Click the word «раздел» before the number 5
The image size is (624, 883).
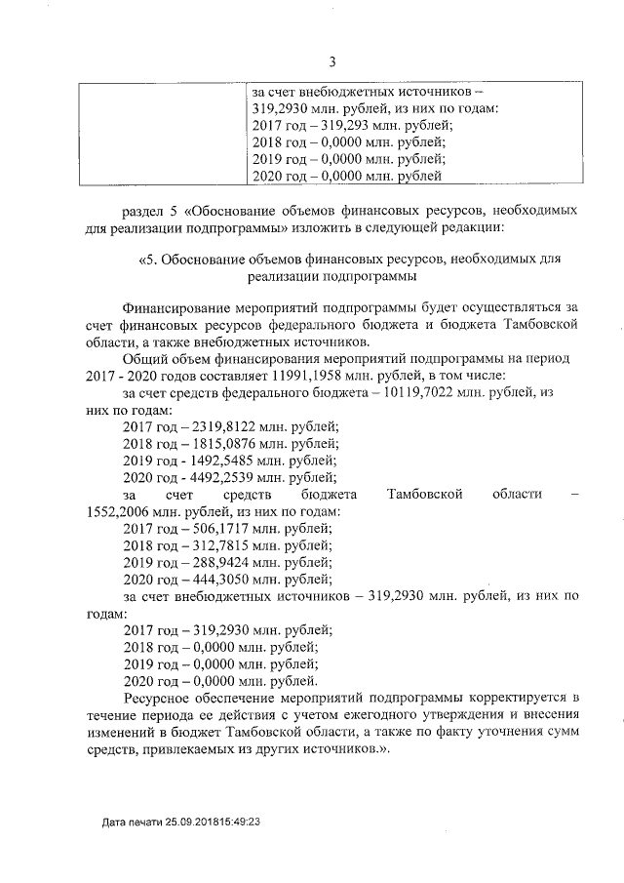tap(143, 210)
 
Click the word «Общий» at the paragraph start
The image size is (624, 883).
tap(144, 358)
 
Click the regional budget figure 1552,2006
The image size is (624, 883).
tap(121, 512)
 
